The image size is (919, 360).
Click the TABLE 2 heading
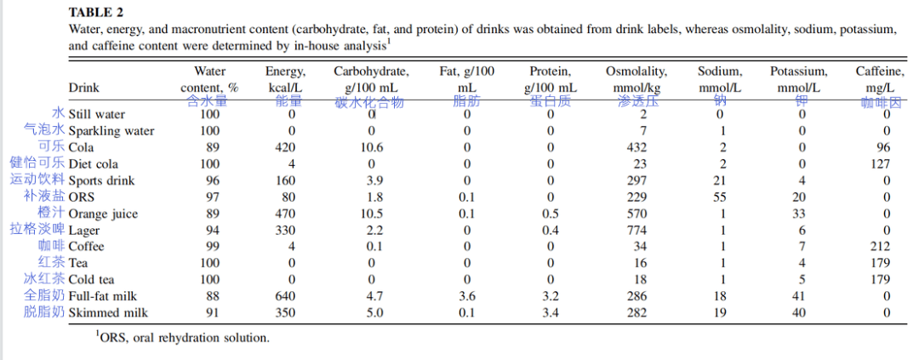[96, 12]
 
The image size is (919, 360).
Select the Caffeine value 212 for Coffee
[880, 246]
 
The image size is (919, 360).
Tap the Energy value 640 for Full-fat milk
[285, 296]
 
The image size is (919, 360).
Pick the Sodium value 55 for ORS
[720, 197]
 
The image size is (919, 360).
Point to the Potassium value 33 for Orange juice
[799, 214]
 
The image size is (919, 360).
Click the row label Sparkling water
[111, 131]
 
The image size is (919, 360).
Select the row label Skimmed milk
[108, 312]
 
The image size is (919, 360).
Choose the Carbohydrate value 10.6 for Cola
[372, 147]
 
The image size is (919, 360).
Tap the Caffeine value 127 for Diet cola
[880, 163]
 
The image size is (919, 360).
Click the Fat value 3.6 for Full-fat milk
[467, 296]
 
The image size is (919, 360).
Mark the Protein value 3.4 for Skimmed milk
[551, 312]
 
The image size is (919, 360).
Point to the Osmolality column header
[636, 80]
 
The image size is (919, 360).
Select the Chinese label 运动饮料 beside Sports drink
[37, 180]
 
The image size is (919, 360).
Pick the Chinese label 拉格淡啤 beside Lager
[37, 229]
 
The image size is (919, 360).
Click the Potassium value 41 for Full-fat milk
[799, 296]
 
